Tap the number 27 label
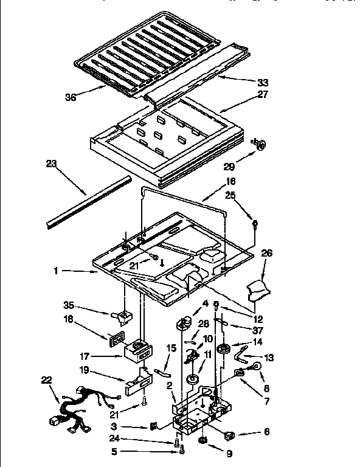pyautogui.click(x=262, y=94)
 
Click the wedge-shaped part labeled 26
pyautogui.click(x=257, y=289)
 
